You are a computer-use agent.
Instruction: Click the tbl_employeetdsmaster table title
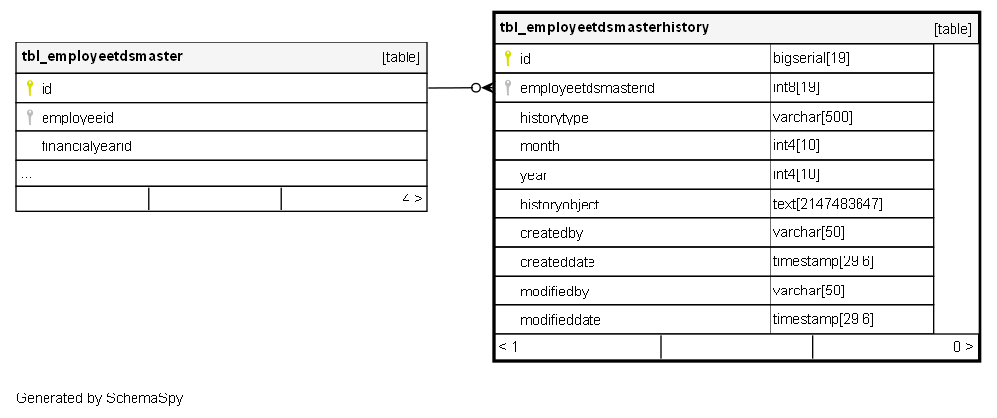click(x=102, y=56)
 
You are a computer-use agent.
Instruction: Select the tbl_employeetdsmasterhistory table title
click(x=604, y=28)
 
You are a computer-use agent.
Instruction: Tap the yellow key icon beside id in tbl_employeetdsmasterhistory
click(x=508, y=58)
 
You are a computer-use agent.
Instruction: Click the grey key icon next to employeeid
click(x=30, y=118)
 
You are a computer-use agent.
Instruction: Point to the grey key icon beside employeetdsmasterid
click(x=508, y=88)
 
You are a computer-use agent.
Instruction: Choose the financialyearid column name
click(x=87, y=146)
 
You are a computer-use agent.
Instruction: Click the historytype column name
click(x=554, y=118)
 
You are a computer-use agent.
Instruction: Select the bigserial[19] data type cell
click(x=811, y=58)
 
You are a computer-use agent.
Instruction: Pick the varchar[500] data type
click(x=812, y=117)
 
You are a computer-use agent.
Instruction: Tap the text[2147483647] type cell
click(x=828, y=204)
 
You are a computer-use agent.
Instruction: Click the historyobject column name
click(x=560, y=205)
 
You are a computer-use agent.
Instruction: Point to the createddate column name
click(x=557, y=263)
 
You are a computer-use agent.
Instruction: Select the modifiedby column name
click(x=554, y=292)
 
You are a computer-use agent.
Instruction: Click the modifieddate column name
click(x=560, y=320)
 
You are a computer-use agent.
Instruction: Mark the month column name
click(x=540, y=146)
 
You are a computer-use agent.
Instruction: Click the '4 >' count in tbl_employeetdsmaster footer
click(x=412, y=199)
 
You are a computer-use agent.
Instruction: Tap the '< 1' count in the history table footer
click(x=508, y=347)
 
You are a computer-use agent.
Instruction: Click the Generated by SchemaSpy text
click(x=99, y=398)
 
